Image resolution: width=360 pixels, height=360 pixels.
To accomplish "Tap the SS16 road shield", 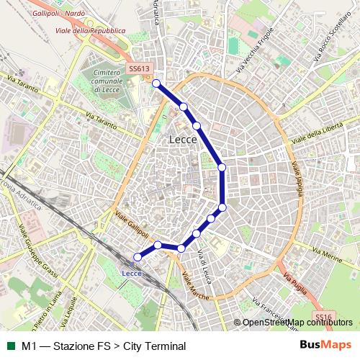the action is pos(323,315).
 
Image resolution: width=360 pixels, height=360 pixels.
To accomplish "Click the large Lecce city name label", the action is pos(182,140).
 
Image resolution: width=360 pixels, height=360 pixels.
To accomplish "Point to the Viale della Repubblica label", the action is pos(96,30).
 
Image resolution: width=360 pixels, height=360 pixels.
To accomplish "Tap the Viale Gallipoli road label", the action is pos(131,225).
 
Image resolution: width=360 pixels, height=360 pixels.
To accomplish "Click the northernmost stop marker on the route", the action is pos(156,84).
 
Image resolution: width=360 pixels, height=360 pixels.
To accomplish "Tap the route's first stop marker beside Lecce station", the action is pos(138,257).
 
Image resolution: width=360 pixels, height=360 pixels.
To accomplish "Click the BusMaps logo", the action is pos(325,346).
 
